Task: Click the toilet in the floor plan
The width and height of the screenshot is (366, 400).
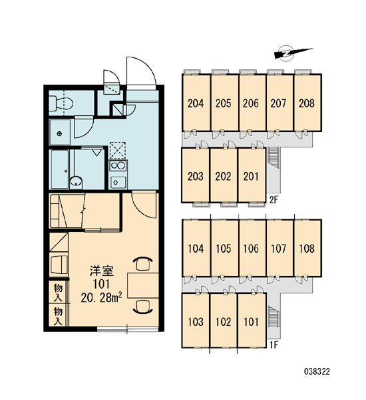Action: click(61, 103)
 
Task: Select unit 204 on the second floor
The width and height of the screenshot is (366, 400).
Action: click(196, 103)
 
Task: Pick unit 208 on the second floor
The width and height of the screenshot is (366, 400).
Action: click(307, 103)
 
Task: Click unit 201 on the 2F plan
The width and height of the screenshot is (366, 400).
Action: click(252, 175)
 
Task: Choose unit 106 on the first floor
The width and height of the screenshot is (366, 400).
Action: click(252, 248)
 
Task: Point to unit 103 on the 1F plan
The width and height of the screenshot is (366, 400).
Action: click(196, 321)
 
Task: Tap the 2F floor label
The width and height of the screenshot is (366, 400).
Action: click(274, 200)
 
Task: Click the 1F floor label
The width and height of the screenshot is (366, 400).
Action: click(274, 345)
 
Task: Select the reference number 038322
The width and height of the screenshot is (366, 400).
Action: click(317, 371)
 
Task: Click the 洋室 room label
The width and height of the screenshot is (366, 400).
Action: click(101, 271)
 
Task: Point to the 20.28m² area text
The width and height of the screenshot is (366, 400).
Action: click(101, 297)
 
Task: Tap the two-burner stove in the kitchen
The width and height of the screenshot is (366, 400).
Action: click(118, 165)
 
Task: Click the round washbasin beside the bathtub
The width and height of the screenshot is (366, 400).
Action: click(76, 181)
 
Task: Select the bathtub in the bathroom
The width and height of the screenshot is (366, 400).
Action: click(60, 169)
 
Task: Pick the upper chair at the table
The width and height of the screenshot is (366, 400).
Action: click(143, 263)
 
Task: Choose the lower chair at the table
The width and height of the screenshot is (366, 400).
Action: click(143, 307)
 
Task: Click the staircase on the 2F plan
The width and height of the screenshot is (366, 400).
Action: click(274, 157)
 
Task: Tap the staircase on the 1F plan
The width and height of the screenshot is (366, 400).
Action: click(274, 317)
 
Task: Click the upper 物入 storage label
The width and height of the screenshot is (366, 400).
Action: click(59, 292)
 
